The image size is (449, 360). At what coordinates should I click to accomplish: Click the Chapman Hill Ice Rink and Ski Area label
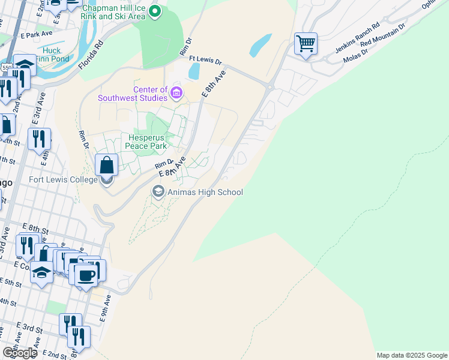pyautogui.click(x=113, y=12)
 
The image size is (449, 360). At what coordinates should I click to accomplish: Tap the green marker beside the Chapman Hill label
pyautogui.click(x=155, y=11)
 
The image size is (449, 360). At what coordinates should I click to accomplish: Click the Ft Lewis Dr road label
pyautogui.click(x=205, y=61)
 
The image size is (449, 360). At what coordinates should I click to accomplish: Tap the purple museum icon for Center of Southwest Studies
pyautogui.click(x=176, y=93)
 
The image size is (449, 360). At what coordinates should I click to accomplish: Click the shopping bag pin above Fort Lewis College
pyautogui.click(x=106, y=164)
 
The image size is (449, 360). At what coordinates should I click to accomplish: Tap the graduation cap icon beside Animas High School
pyautogui.click(x=158, y=192)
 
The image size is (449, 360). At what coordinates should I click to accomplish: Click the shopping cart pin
pyautogui.click(x=306, y=44)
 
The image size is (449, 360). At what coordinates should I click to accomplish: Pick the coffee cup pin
pyautogui.click(x=88, y=275)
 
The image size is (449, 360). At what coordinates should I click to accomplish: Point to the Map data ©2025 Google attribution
pyautogui.click(x=411, y=355)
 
